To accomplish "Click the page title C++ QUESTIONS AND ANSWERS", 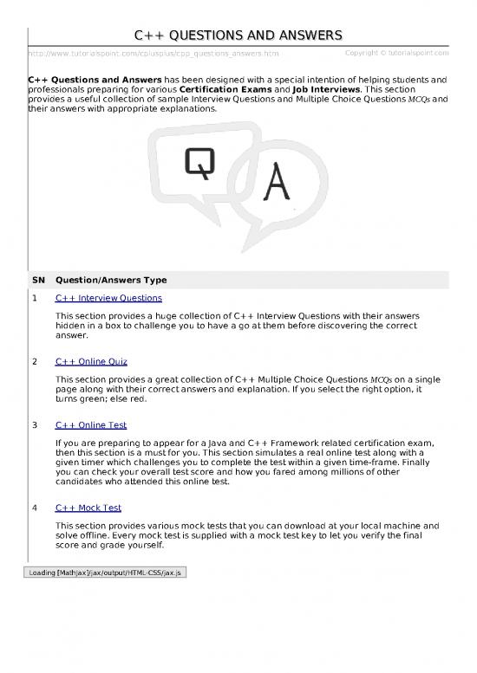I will coord(238,35).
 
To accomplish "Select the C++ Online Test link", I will coord(90,425).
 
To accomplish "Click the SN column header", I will coord(37,280).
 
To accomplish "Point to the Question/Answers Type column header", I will coord(110,280).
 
